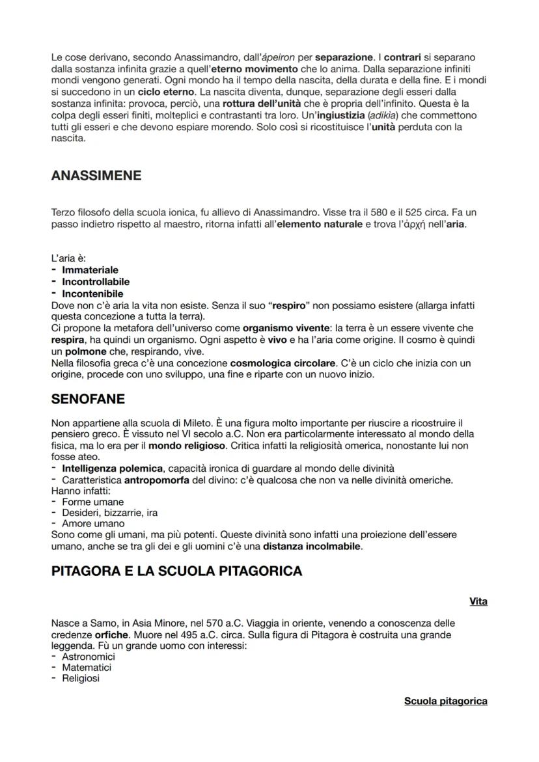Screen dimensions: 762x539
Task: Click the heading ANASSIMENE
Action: coord(96,176)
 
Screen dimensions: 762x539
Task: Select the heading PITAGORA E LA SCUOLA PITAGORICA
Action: coord(176,571)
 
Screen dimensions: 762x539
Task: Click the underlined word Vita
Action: coord(478,601)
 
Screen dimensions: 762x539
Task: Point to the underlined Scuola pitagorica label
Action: coord(445,701)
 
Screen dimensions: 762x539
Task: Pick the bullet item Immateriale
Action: coord(90,269)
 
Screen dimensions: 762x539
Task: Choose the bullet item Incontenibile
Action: coord(92,293)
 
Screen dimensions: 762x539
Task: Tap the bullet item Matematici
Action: coord(87,668)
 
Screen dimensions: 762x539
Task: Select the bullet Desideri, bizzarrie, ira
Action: coord(109,513)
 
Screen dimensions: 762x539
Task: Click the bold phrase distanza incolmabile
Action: coord(311,545)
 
